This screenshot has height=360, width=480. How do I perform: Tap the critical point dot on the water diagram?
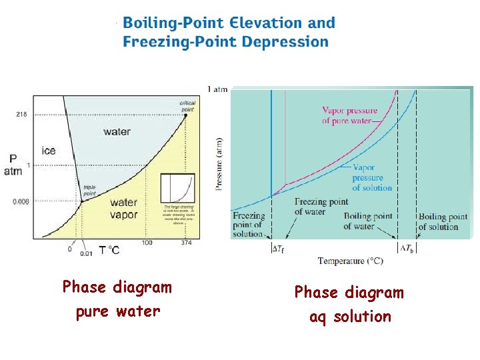(x=186, y=115)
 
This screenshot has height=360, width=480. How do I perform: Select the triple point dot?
(x=82, y=201)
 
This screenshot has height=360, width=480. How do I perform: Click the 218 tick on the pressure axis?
(x=21, y=115)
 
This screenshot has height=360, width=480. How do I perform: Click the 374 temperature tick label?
(x=187, y=243)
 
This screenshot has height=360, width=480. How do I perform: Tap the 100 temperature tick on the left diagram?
(x=147, y=243)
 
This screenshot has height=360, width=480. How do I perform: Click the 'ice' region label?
(x=49, y=151)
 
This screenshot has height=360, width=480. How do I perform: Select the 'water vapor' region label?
(x=124, y=209)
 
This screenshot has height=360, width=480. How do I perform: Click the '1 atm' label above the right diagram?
(x=217, y=89)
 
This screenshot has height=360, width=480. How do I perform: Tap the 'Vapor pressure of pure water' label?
(x=349, y=116)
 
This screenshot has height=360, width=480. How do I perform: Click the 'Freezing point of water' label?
(x=321, y=207)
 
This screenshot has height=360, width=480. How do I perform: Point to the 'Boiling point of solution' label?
(x=443, y=222)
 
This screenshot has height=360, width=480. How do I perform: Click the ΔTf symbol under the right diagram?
(x=279, y=249)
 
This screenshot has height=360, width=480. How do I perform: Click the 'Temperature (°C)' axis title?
(x=350, y=261)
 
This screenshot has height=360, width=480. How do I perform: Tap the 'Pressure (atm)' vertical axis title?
(x=219, y=164)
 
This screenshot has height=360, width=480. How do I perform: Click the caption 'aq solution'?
(x=350, y=316)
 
